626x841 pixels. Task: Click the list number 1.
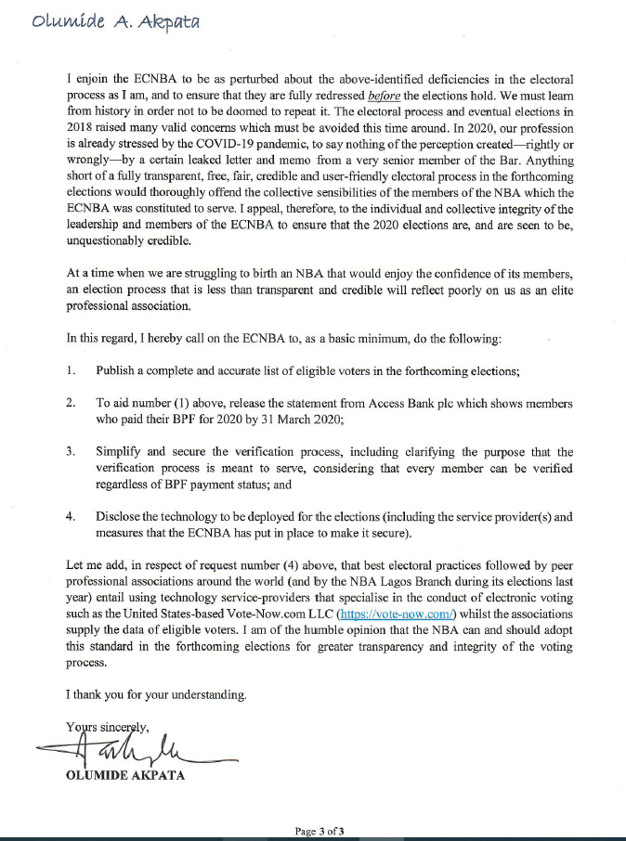click(x=72, y=370)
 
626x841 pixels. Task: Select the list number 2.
click(x=72, y=404)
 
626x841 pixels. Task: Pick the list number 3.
click(x=72, y=451)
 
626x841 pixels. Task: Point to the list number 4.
click(x=72, y=516)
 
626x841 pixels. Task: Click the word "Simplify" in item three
click(x=118, y=451)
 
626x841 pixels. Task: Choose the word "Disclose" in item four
click(x=118, y=516)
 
